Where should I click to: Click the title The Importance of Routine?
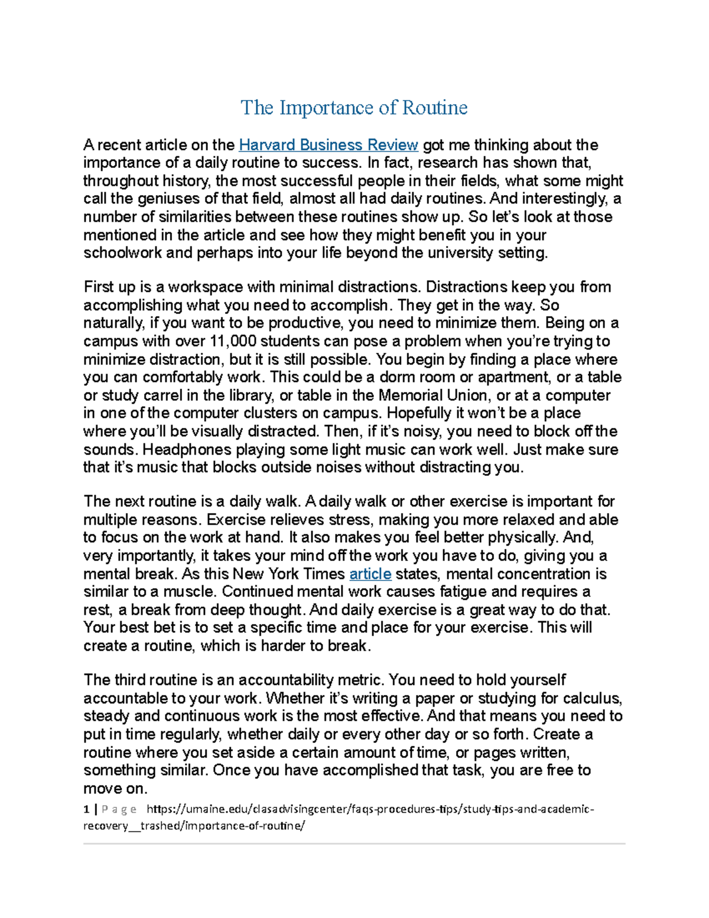(x=354, y=108)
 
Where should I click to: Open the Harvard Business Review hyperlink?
(x=328, y=145)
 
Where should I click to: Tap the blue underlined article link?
(x=370, y=574)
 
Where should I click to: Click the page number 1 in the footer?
(x=86, y=809)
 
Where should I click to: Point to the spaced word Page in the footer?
(x=119, y=809)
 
